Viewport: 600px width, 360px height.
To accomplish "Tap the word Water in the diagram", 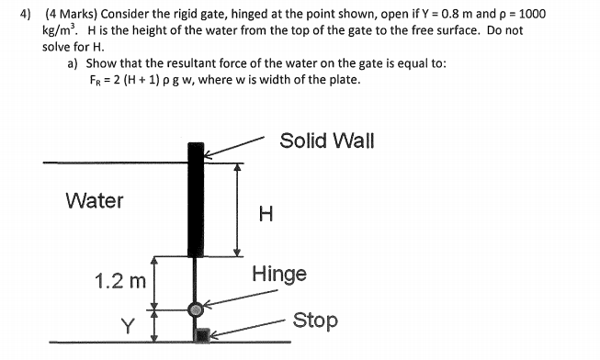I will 95,200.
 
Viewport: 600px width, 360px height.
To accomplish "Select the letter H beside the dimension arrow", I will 266,215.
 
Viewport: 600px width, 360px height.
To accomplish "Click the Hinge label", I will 279,274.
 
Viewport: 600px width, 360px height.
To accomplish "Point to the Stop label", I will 315,321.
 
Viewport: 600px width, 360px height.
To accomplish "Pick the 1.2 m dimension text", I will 120,281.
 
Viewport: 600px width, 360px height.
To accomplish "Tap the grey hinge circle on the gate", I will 196,309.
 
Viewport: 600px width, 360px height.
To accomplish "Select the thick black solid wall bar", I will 196,199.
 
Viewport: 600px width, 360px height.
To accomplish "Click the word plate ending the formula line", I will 343,79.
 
